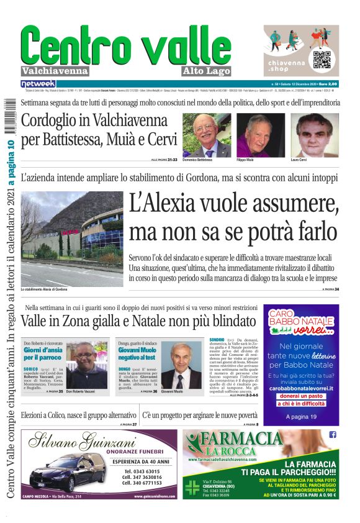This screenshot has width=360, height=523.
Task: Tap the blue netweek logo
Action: [38, 83]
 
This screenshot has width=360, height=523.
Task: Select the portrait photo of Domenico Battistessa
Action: [207, 134]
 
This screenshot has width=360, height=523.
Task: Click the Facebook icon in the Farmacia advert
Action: [333, 435]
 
